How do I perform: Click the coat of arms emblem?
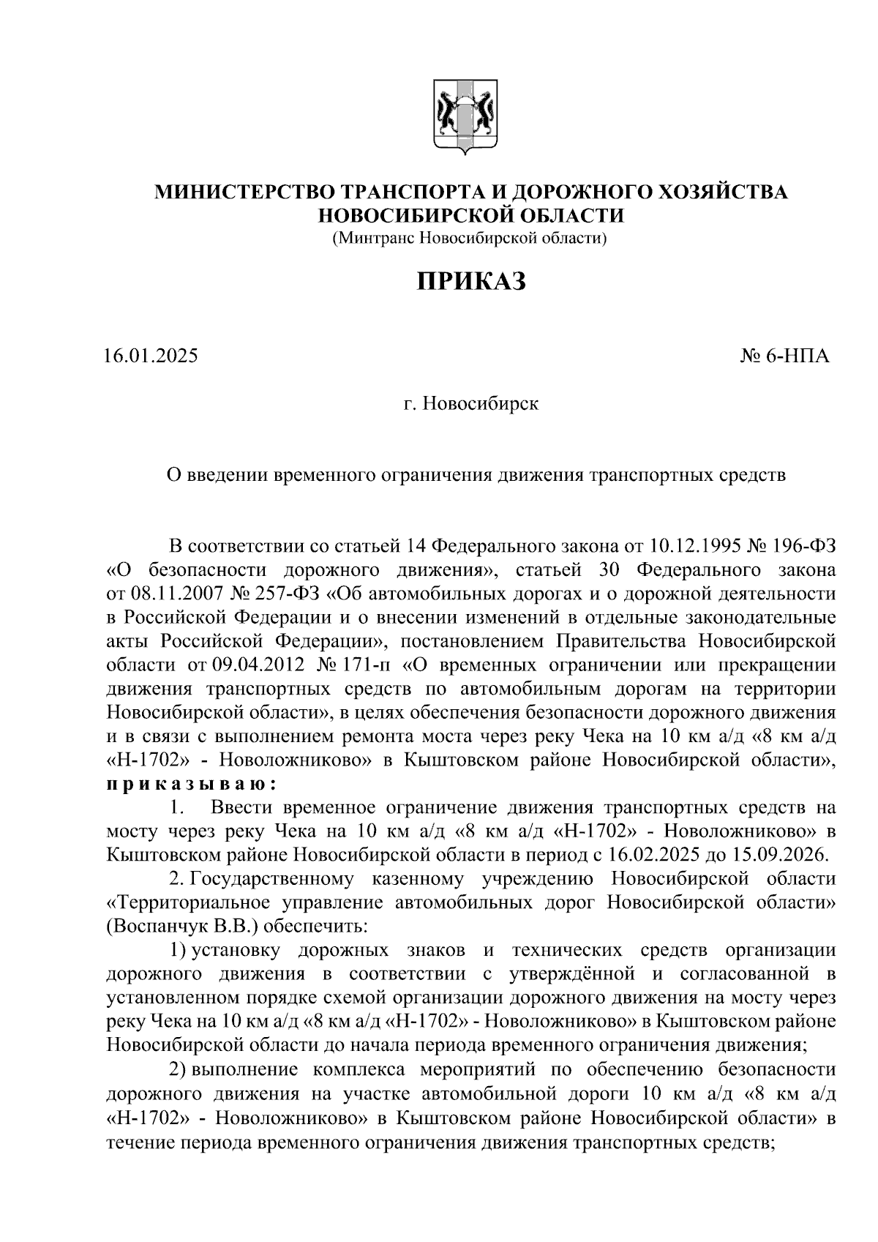461,119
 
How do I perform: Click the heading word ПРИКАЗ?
472,281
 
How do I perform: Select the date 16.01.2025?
151,357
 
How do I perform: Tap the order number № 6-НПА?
786,357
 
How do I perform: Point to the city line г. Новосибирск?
471,403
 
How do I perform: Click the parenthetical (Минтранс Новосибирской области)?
471,237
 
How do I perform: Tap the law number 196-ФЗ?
803,546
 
